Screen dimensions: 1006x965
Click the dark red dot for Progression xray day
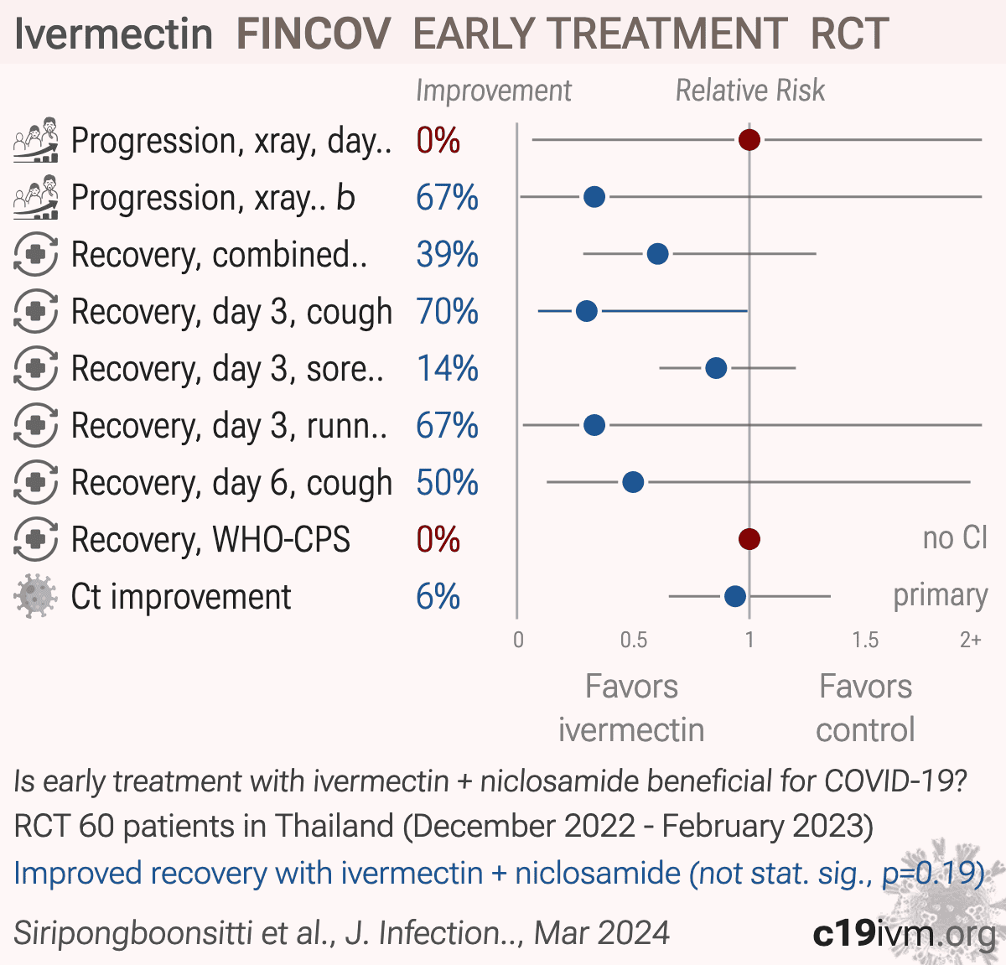749,139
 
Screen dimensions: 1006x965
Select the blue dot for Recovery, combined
657,254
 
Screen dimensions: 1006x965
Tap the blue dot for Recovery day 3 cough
587,311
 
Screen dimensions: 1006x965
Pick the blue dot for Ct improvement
735,596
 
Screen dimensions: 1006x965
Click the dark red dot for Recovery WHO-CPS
749,539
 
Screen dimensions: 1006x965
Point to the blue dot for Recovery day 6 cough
633,482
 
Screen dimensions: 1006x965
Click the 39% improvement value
447,254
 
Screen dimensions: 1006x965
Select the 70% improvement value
447,311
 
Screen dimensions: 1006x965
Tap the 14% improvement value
447,369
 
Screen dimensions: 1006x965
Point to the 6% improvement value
438,596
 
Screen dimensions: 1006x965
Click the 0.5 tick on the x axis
633,640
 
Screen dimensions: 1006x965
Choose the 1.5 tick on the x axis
865,640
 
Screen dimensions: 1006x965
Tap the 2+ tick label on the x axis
970,640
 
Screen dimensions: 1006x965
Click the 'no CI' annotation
955,538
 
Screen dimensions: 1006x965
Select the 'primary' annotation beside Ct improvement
941,596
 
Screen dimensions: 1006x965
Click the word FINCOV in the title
314,34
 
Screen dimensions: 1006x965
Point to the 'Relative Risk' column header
750,91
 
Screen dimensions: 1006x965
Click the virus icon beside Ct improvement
35,596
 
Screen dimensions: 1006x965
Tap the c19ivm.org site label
905,933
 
